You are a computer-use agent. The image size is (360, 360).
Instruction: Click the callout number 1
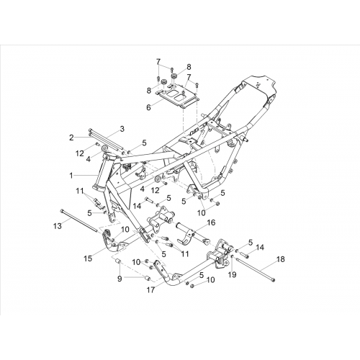pyautogui.click(x=71, y=176)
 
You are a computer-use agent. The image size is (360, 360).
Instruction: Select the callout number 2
pyautogui.click(x=71, y=138)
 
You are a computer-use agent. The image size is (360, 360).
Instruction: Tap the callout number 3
pyautogui.click(x=122, y=129)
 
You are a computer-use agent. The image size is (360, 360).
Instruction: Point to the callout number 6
pyautogui.click(x=149, y=107)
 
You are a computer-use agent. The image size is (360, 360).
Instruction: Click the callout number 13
pyautogui.click(x=58, y=226)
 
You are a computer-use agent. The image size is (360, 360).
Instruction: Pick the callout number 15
pyautogui.click(x=88, y=259)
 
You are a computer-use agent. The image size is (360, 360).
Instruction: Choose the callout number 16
pyautogui.click(x=211, y=222)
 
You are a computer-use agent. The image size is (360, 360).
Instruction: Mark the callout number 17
pyautogui.click(x=150, y=290)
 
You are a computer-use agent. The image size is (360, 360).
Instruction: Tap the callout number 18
pyautogui.click(x=280, y=259)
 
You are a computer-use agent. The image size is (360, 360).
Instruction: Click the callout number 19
pyautogui.click(x=233, y=274)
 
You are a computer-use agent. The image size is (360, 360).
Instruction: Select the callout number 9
pyautogui.click(x=120, y=279)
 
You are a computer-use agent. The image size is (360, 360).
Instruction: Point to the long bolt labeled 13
pyautogui.click(x=79, y=221)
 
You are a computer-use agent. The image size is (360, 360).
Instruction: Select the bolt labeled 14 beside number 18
pyautogui.click(x=244, y=256)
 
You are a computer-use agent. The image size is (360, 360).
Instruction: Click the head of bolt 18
pyautogui.click(x=274, y=280)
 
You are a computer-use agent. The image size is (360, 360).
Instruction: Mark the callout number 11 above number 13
pyautogui.click(x=80, y=192)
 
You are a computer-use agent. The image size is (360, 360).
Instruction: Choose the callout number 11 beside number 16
pyautogui.click(x=185, y=253)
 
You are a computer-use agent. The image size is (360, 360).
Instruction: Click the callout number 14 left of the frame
pyautogui.click(x=138, y=206)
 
